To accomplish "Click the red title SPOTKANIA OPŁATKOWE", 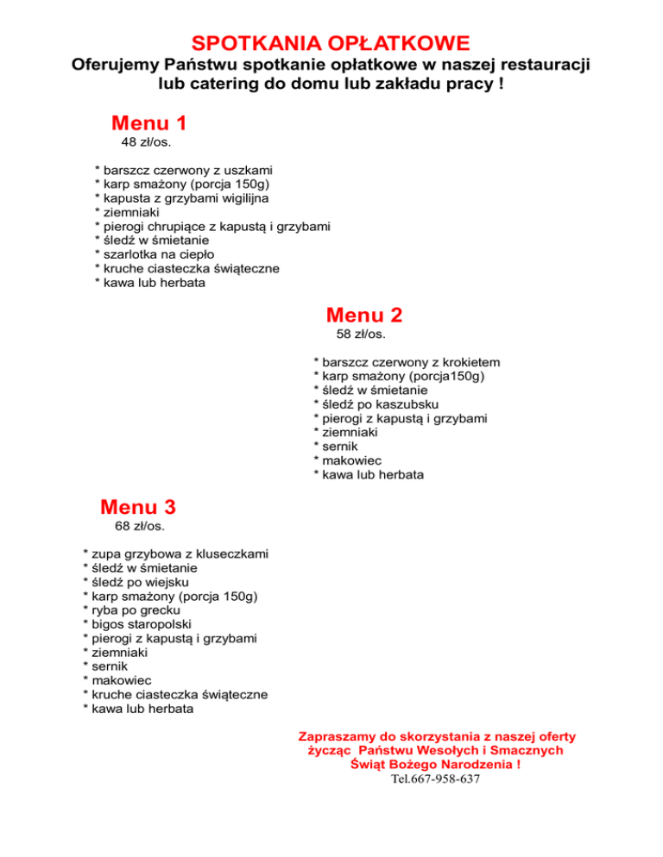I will click(x=331, y=43).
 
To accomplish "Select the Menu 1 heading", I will click(x=148, y=122).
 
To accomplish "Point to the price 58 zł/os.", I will click(x=360, y=334).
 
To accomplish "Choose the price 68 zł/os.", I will click(x=139, y=525).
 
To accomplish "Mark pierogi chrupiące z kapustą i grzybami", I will click(x=217, y=227).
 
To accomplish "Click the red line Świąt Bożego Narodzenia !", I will click(x=435, y=764).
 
